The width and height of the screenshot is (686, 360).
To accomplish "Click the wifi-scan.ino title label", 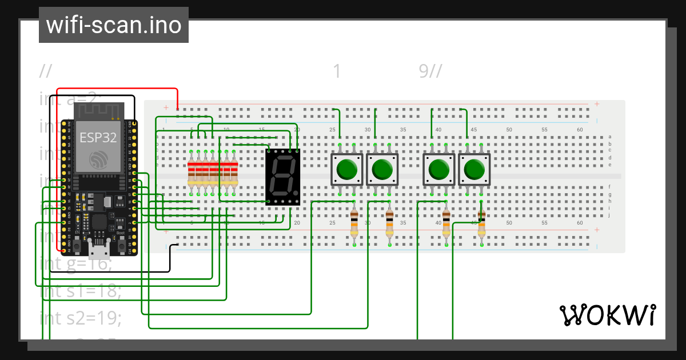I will [113, 25].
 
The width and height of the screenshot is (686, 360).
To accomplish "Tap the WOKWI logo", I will [607, 315].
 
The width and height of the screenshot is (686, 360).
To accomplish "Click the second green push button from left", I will [382, 170].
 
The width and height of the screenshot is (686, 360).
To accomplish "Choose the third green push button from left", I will [438, 170].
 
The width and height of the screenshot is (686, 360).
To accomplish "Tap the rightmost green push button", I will [474, 170].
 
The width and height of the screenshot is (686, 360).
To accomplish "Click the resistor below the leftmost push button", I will [354, 223].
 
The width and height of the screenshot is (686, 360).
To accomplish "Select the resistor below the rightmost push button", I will [481, 223].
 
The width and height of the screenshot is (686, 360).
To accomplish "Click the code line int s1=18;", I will [81, 291].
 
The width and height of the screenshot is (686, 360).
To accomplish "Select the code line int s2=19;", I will [81, 317].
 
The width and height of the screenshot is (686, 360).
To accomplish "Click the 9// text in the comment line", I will [430, 71].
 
